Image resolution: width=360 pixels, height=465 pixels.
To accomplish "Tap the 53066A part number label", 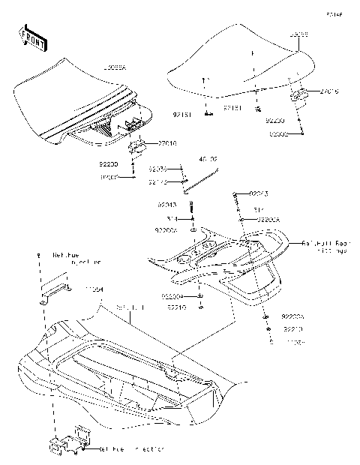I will [x=114, y=67].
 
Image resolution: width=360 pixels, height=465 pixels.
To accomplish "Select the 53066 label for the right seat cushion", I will [x=299, y=34].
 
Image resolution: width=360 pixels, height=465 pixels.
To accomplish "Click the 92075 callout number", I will [x=157, y=169].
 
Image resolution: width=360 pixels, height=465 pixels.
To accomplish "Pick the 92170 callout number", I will [x=157, y=181].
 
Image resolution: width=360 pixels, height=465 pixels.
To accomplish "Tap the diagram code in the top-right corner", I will [x=334, y=13].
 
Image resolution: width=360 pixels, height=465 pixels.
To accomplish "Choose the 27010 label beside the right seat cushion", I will [x=329, y=91].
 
